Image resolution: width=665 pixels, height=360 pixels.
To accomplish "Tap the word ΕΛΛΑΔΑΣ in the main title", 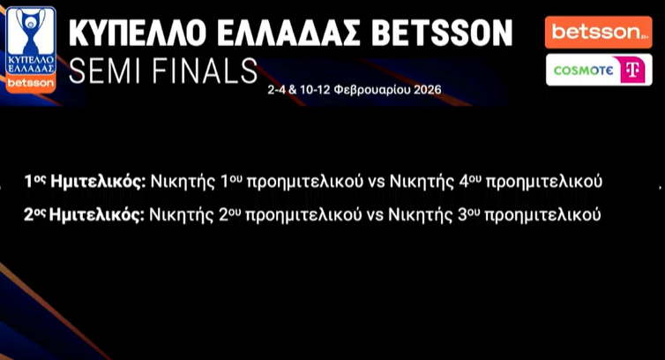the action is click(291, 34).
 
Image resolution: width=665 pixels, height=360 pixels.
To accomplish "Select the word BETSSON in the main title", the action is click(444, 34).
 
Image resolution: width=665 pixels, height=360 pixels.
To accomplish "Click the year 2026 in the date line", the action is click(428, 90).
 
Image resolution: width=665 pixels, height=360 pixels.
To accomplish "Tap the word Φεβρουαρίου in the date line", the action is click(372, 90).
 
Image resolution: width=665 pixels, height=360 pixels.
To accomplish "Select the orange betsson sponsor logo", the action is click(599, 33).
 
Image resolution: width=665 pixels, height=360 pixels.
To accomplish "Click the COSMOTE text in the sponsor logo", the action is click(583, 71).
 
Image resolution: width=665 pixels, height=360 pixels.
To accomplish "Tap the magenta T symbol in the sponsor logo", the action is click(632, 70).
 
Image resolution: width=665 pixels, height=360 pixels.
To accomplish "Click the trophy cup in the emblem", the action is click(31, 31).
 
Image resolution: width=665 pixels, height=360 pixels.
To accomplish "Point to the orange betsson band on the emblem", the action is click(31, 83).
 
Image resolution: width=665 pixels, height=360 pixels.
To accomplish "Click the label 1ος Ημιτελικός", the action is click(86, 182).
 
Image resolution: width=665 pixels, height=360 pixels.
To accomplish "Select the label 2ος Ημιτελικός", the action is click(84, 214).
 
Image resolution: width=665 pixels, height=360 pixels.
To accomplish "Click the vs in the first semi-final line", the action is click(377, 182).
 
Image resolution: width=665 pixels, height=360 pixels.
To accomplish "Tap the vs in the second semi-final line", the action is click(375, 215).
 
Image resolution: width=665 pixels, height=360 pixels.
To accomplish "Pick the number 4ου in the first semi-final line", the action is click(470, 181).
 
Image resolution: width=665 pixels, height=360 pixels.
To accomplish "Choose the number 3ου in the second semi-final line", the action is click(469, 214).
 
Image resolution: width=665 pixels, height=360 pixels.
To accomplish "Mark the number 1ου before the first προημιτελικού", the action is click(231, 181).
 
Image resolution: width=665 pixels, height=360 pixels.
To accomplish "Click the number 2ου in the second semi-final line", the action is click(230, 214).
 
